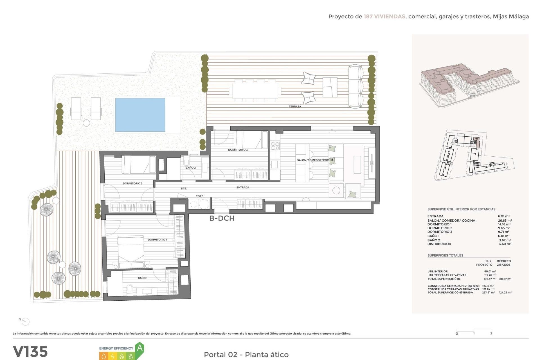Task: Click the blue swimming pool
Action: pyautogui.click(x=140, y=115)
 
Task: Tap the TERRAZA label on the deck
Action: pyautogui.click(x=295, y=107)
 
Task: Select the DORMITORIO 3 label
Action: pyautogui.click(x=238, y=150)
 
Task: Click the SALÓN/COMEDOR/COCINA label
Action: pyautogui.click(x=315, y=160)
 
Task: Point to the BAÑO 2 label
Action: pyautogui.click(x=190, y=168)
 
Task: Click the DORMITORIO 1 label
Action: pyautogui.click(x=157, y=240)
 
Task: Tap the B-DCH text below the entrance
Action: pyautogui.click(x=222, y=218)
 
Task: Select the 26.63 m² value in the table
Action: pyautogui.click(x=505, y=220)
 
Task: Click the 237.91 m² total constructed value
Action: pyautogui.click(x=488, y=292)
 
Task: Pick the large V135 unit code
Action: pyautogui.click(x=30, y=352)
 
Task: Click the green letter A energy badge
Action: pyautogui.click(x=139, y=348)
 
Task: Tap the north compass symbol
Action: pyautogui.click(x=25, y=321)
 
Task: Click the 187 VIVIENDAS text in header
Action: pyautogui.click(x=384, y=17)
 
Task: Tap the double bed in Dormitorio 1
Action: pyautogui.click(x=131, y=252)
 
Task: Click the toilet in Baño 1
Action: pyautogui.click(x=130, y=289)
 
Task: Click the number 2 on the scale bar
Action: pyautogui.click(x=491, y=333)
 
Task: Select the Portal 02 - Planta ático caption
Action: pyautogui.click(x=246, y=354)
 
